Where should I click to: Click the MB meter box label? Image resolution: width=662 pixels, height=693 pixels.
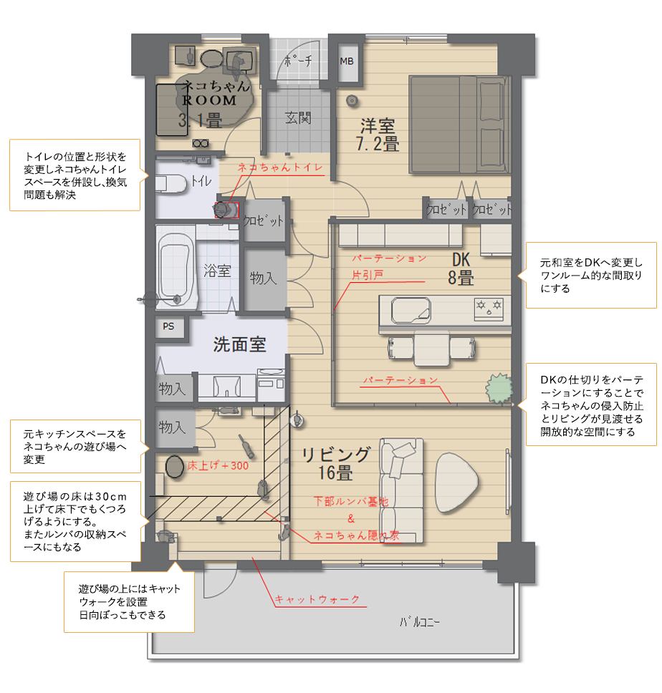(347, 62)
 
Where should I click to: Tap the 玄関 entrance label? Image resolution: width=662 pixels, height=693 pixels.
(298, 118)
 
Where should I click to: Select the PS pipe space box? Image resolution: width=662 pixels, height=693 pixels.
(169, 326)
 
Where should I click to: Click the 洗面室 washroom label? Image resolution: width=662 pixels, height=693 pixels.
(240, 344)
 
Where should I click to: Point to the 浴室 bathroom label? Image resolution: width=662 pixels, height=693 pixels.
(218, 271)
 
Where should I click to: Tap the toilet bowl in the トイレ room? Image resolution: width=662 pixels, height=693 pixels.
(171, 183)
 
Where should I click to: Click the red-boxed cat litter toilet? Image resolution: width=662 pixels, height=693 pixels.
(226, 209)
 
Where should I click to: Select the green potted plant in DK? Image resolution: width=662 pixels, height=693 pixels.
(499, 388)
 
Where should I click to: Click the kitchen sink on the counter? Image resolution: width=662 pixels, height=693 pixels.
(411, 310)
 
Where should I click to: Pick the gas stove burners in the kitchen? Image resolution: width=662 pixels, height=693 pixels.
(489, 309)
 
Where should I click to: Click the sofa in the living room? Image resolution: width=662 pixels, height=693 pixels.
(401, 490)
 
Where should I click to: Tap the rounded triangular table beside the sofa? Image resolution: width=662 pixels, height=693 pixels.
(456, 483)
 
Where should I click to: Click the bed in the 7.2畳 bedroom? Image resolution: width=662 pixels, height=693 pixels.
(459, 124)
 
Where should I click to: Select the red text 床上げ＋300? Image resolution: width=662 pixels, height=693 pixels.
(218, 465)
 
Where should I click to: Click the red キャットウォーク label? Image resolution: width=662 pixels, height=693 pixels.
(317, 599)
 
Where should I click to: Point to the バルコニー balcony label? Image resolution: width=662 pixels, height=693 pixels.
(420, 622)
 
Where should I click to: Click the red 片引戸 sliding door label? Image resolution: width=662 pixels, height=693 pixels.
(368, 275)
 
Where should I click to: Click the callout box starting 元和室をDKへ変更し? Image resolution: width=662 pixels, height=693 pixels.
(591, 275)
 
